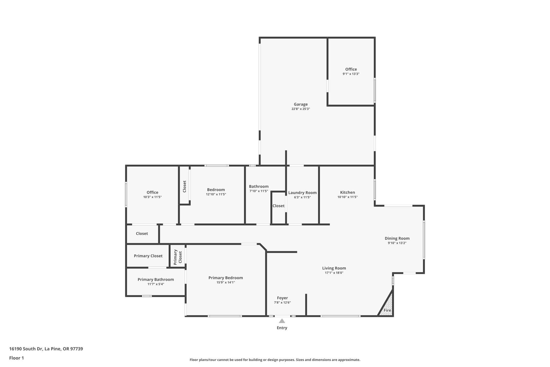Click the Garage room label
click(301, 104)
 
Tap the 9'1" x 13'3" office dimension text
click(351, 74)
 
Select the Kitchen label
click(347, 192)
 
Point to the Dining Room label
click(397, 238)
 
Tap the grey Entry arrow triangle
click(282, 321)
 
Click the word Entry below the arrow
click(282, 328)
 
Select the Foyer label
click(282, 298)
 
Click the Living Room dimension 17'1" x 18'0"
click(334, 273)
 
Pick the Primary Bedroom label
click(226, 278)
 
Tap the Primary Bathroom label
click(155, 279)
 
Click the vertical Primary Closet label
click(178, 257)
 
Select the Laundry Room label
click(302, 193)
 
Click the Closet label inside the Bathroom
click(278, 206)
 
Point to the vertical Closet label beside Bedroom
click(184, 186)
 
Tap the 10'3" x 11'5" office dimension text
click(152, 197)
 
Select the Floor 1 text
click(16, 358)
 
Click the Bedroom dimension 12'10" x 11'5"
click(216, 194)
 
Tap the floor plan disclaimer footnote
click(275, 360)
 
